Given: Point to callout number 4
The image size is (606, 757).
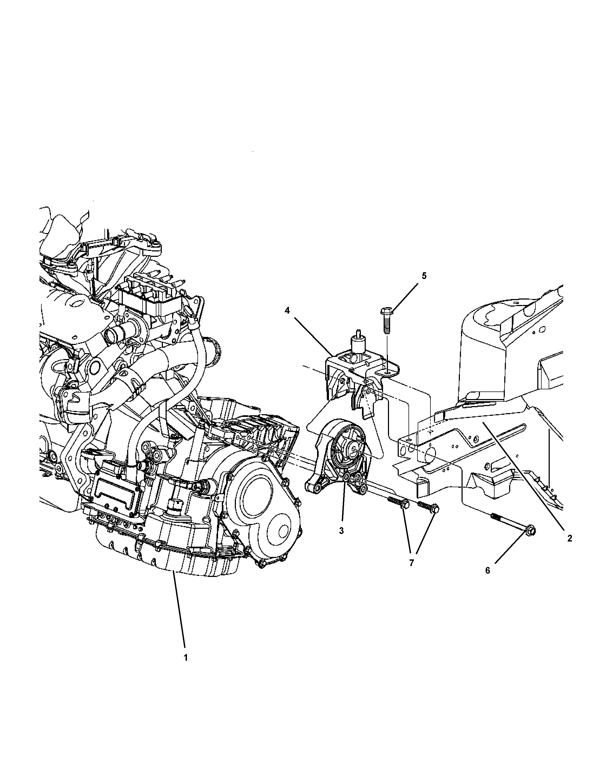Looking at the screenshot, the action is tap(287, 311).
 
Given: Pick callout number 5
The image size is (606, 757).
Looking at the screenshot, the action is tap(424, 276).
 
